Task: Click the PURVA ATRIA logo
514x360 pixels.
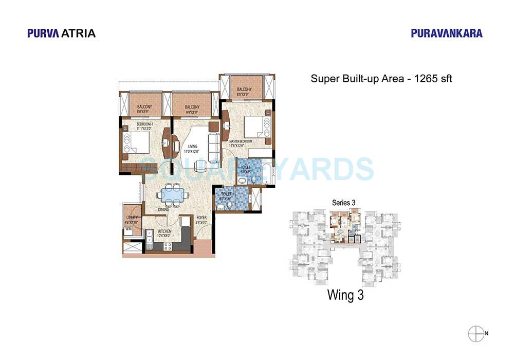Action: [x=61, y=33]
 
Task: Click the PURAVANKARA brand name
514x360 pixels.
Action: [x=447, y=33]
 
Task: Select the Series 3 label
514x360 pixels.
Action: [x=344, y=203]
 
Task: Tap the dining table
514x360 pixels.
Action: [x=173, y=195]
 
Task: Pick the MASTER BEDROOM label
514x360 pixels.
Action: [x=241, y=141]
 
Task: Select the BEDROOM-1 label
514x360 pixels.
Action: [x=146, y=124]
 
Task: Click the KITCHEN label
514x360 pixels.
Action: [x=164, y=231]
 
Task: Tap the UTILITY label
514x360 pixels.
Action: [x=132, y=218]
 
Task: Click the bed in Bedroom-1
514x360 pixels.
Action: [x=136, y=142]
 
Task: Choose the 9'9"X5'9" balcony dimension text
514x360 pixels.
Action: [x=191, y=113]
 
